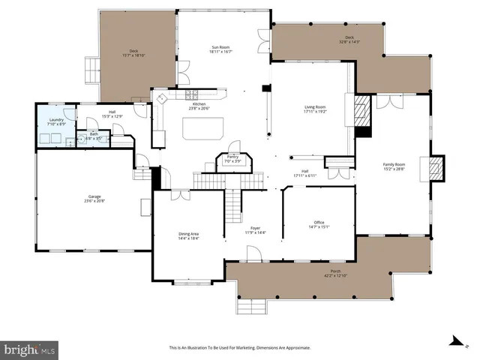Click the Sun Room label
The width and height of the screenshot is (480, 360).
(x=220, y=49)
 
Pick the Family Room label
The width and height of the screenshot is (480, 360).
(x=394, y=166)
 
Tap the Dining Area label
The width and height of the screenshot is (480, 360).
(x=189, y=235)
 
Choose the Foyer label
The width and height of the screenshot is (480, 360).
(x=255, y=229)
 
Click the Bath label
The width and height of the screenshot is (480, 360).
(x=94, y=136)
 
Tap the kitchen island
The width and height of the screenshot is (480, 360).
(x=202, y=129)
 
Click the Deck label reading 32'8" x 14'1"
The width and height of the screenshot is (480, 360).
(x=349, y=39)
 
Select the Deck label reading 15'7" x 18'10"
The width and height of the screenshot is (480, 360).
(x=132, y=53)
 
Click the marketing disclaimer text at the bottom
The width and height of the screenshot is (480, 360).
(x=240, y=348)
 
